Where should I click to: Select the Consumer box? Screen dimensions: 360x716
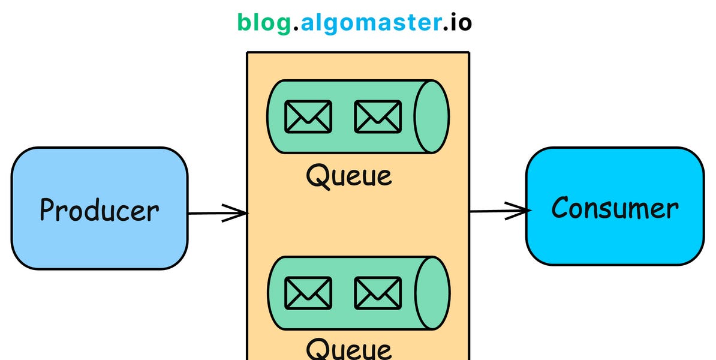point(615,240)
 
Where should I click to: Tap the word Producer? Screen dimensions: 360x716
point(99,210)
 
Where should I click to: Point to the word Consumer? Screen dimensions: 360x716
point(615,208)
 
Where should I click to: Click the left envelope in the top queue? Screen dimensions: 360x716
point(308,116)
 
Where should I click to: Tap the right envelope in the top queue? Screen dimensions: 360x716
point(378,116)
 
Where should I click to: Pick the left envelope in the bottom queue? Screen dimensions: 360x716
point(308,293)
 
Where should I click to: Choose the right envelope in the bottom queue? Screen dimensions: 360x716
point(378,293)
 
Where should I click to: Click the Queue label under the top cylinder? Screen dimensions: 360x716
point(348,176)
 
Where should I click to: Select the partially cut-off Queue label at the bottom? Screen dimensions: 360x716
point(348,349)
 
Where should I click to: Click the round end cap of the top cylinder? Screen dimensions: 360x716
point(431,116)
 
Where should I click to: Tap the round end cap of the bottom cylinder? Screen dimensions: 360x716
point(431,293)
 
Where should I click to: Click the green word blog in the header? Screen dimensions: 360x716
point(264,23)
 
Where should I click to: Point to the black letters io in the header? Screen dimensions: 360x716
point(461,23)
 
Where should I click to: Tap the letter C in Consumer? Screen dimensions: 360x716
point(561,208)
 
